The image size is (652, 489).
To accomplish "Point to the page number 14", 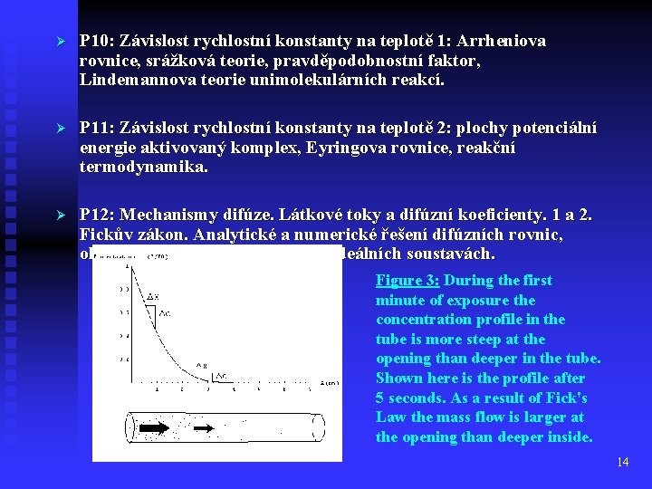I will coord(622,462).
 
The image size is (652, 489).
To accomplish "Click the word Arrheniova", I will coord(502,42).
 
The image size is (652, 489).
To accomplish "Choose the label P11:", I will coord(98,129).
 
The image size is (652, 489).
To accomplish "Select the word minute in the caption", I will coord(400,300).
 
